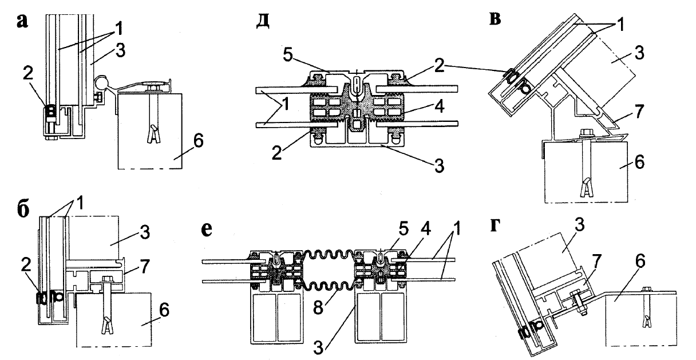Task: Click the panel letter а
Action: coord(22,22)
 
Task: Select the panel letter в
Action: coord(495,19)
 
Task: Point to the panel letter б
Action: coord(23,209)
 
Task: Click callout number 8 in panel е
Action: coord(318,308)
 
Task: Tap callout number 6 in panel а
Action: coord(198,141)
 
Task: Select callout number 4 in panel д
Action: coord(440,106)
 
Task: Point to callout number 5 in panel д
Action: coord(288,55)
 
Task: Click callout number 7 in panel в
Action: coord(638,112)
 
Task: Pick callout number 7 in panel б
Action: coord(144,266)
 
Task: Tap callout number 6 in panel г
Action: coord(640,262)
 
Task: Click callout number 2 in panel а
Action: coord(27,74)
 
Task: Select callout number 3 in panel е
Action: coord(318,348)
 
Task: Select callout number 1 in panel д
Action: coord(285,105)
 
